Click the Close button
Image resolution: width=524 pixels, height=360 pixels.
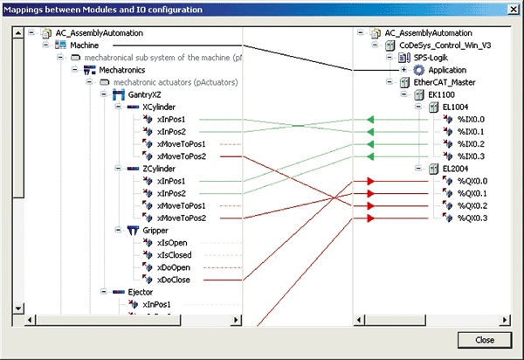[x=485, y=340]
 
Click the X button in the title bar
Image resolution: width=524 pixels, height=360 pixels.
[x=514, y=10]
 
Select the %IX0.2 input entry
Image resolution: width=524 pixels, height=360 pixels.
[x=471, y=144]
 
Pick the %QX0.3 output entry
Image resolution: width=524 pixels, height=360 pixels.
[x=472, y=218]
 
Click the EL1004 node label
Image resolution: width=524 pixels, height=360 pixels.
[x=455, y=107]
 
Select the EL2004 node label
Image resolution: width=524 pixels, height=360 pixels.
[x=455, y=169]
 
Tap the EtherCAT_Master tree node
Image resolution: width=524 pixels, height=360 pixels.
[x=445, y=82]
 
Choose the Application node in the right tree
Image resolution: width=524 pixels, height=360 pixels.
[x=447, y=70]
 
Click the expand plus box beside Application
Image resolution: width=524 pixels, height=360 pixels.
[x=403, y=70]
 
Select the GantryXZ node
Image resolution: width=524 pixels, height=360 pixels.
[x=144, y=95]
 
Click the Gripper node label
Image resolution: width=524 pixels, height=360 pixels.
[x=155, y=231]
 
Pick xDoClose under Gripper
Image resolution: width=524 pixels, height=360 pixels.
[x=174, y=280]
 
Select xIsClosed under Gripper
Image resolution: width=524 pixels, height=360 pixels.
[x=175, y=255]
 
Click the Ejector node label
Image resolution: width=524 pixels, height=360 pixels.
[x=141, y=292]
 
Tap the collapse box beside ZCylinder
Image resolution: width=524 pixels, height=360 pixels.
[x=118, y=168]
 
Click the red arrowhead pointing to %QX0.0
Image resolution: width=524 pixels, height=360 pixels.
[x=370, y=181]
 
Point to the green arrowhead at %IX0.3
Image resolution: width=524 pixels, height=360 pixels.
[x=370, y=156]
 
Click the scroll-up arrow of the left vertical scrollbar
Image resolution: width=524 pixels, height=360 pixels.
[x=18, y=32]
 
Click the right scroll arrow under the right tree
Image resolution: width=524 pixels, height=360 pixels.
[x=505, y=320]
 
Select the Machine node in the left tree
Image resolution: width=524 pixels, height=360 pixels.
[x=84, y=45]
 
